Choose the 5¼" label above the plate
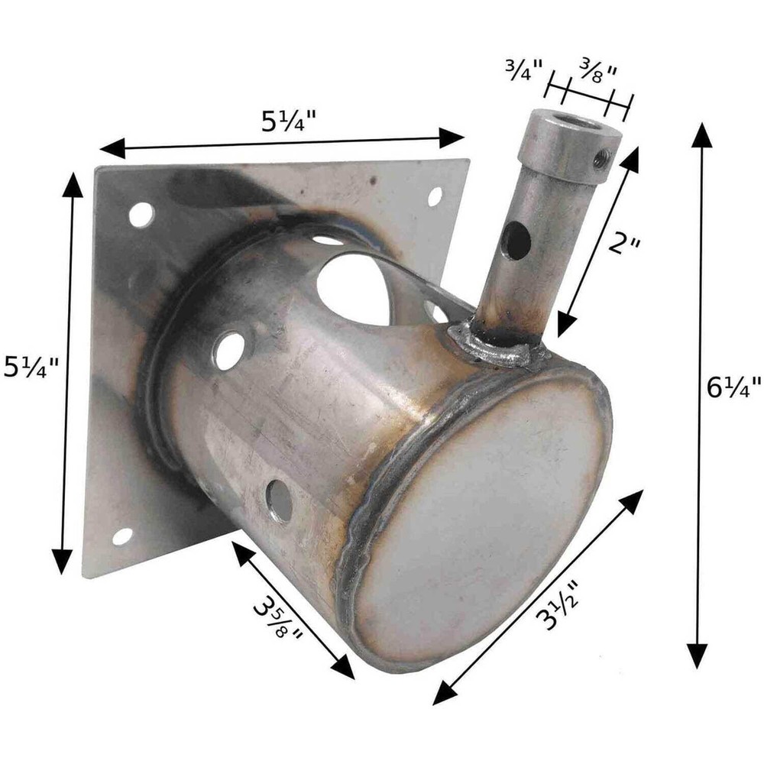coord(289,121)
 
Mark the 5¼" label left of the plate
coord(31,368)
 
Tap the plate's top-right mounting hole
coord(435,196)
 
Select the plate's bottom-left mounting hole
coord(122,536)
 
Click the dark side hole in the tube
coord(518,241)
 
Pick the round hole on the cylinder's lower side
coord(280,501)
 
